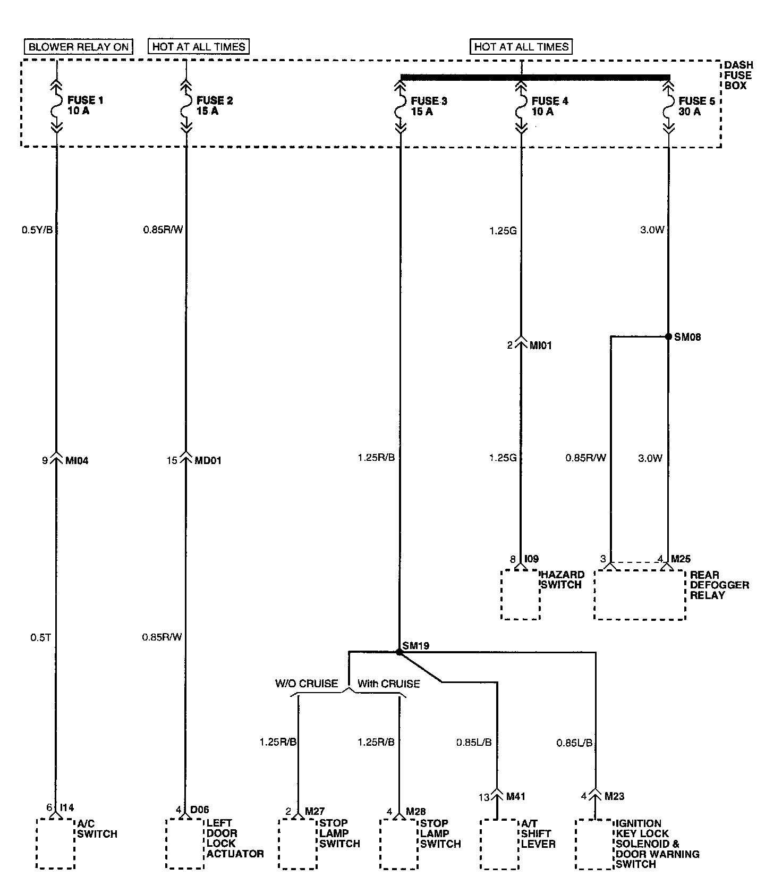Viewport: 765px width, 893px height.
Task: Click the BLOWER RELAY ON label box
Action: point(79,47)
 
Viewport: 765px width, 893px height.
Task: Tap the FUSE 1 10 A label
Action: point(81,106)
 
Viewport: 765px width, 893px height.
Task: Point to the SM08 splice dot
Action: point(668,336)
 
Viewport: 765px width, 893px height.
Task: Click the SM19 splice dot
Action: point(399,652)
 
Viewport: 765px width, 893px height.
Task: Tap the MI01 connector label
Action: point(541,346)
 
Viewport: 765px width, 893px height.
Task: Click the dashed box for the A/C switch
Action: point(55,843)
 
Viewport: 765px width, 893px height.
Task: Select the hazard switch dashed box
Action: point(520,594)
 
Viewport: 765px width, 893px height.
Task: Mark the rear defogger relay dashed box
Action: point(640,594)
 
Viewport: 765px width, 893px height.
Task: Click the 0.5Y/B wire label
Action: point(37,230)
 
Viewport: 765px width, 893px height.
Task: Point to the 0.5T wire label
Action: point(40,637)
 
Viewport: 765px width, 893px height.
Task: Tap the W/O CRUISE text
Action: point(307,684)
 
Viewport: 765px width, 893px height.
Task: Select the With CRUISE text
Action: point(388,684)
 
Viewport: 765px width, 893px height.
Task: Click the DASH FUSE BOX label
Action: point(738,75)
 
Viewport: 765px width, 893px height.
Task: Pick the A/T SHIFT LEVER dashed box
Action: point(499,844)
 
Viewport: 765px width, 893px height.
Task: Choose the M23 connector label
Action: point(614,796)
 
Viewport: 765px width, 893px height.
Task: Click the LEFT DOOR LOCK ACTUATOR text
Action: point(234,838)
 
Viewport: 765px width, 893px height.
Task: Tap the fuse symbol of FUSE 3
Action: point(400,106)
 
